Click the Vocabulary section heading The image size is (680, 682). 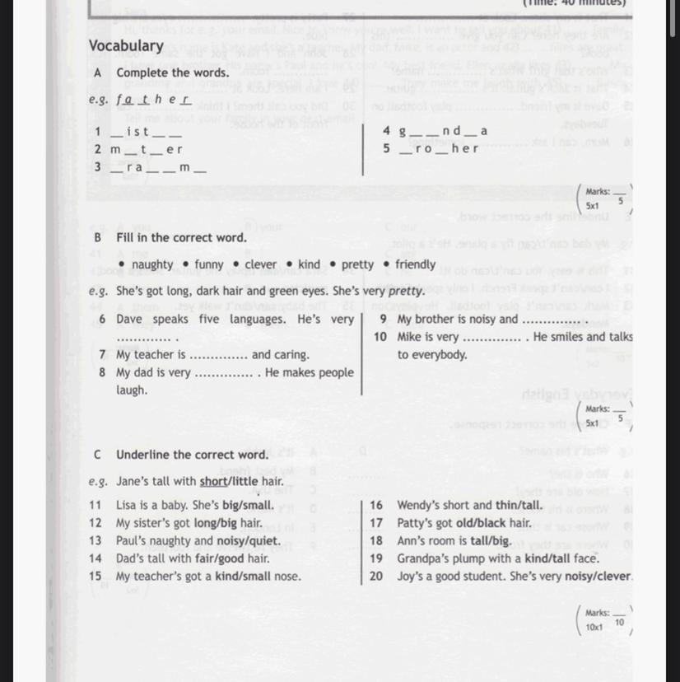(x=126, y=46)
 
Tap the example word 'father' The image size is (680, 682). (x=153, y=100)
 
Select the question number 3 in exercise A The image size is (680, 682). (x=98, y=166)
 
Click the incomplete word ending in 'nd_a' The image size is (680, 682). (x=444, y=131)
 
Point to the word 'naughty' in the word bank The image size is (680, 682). (x=152, y=264)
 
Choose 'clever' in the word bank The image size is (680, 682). (x=261, y=264)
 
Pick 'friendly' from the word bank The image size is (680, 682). (x=415, y=264)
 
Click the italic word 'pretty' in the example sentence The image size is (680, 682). (x=406, y=291)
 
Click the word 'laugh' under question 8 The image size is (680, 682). (x=132, y=390)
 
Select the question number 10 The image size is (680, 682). (x=380, y=337)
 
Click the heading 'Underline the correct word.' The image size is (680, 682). (x=192, y=455)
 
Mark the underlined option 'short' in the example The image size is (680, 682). (x=212, y=481)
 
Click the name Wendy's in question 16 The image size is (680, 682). (x=418, y=505)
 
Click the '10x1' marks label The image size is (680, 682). (x=594, y=627)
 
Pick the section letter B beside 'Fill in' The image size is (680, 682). (x=98, y=237)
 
